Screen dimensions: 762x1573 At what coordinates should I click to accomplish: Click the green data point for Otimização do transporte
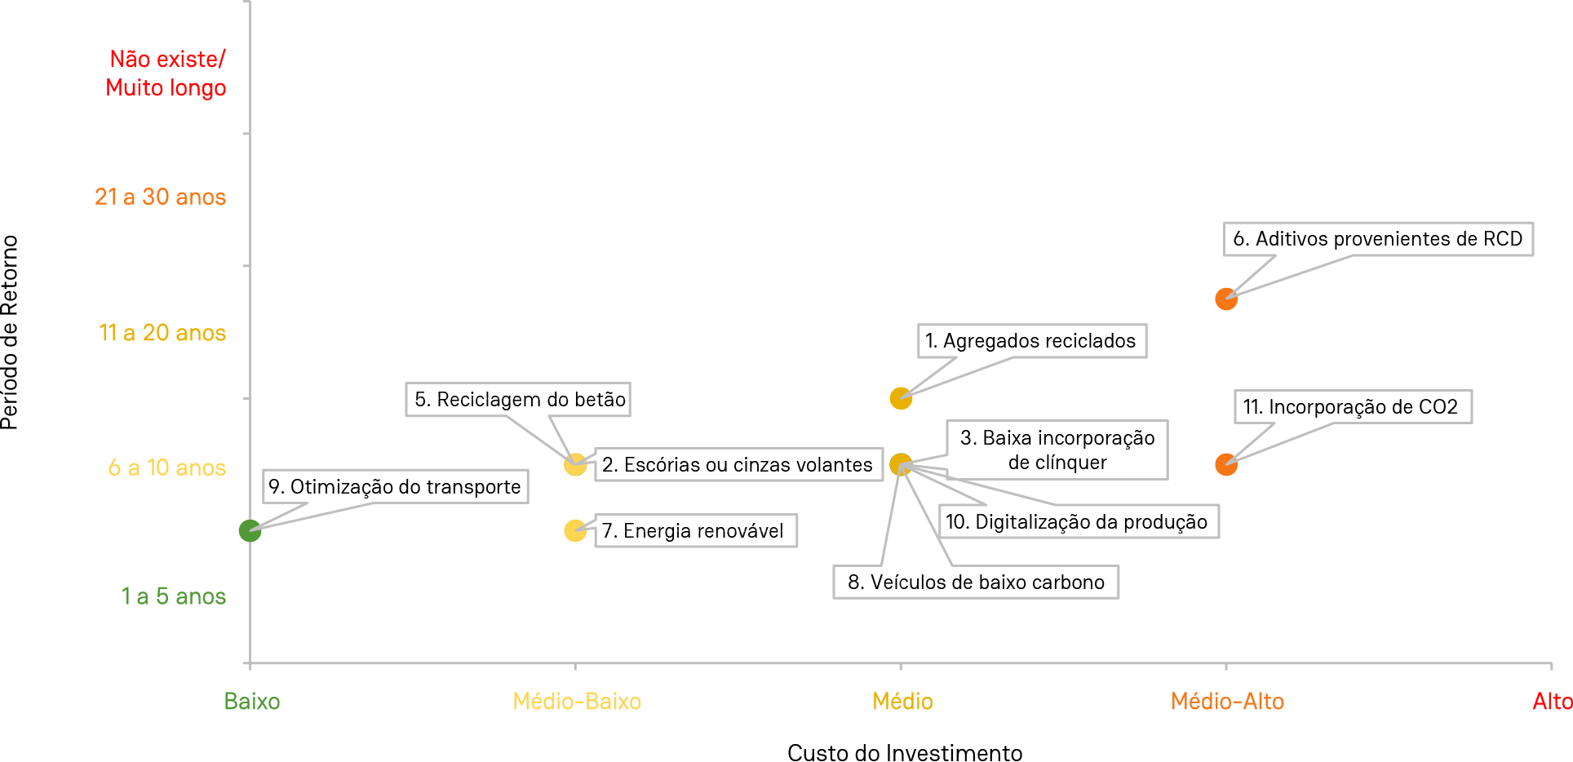click(250, 531)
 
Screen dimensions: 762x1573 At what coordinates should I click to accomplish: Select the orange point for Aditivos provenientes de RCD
click(1225, 299)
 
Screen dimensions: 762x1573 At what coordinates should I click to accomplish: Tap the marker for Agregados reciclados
click(900, 398)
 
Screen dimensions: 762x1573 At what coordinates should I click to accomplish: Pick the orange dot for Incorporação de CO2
click(1225, 464)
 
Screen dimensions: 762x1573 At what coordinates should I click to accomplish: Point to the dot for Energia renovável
click(575, 531)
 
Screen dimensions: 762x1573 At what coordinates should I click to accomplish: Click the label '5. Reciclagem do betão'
click(519, 400)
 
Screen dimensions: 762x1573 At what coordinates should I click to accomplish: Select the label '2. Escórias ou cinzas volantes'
click(738, 465)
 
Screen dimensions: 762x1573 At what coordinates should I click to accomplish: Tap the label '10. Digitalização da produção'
click(1077, 522)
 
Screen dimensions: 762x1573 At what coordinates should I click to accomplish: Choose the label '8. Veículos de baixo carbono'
click(976, 583)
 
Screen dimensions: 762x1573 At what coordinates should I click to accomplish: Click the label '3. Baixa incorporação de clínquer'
click(1057, 450)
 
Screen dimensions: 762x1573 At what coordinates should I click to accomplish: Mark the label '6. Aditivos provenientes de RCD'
click(1378, 239)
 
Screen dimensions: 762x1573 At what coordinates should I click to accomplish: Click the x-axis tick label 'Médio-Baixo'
click(577, 702)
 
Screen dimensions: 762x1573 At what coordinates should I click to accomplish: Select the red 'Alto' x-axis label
click(1552, 702)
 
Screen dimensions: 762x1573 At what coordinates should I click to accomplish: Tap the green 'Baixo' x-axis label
click(252, 702)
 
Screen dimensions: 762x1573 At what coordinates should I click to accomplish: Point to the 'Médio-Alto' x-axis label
click(1227, 702)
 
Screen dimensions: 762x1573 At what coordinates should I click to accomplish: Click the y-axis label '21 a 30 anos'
click(161, 197)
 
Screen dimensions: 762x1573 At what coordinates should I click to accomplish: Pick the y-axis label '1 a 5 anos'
click(174, 596)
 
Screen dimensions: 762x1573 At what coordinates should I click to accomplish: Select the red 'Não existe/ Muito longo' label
click(166, 73)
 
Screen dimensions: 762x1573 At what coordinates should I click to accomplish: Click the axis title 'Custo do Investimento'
click(905, 752)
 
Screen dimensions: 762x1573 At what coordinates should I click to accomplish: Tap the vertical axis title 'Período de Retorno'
click(11, 332)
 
